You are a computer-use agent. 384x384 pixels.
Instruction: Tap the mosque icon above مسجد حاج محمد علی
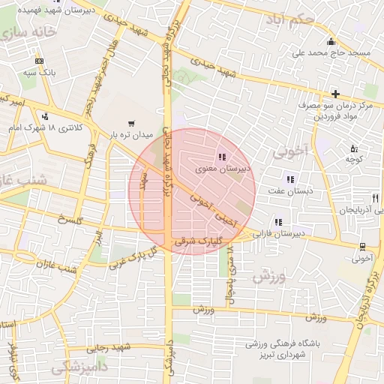click(x=331, y=40)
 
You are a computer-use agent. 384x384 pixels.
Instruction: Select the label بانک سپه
click(x=39, y=73)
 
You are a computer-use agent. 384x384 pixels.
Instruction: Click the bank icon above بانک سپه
click(x=39, y=61)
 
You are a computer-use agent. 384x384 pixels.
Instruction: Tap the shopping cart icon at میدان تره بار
click(x=132, y=123)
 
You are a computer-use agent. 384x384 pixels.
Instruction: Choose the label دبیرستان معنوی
click(x=223, y=169)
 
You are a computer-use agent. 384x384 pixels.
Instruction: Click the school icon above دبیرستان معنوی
click(x=221, y=157)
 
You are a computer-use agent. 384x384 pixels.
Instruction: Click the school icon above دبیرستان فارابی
click(x=279, y=222)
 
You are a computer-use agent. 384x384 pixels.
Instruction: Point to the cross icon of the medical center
click(x=335, y=94)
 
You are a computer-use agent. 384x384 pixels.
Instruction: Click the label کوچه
click(x=355, y=159)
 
